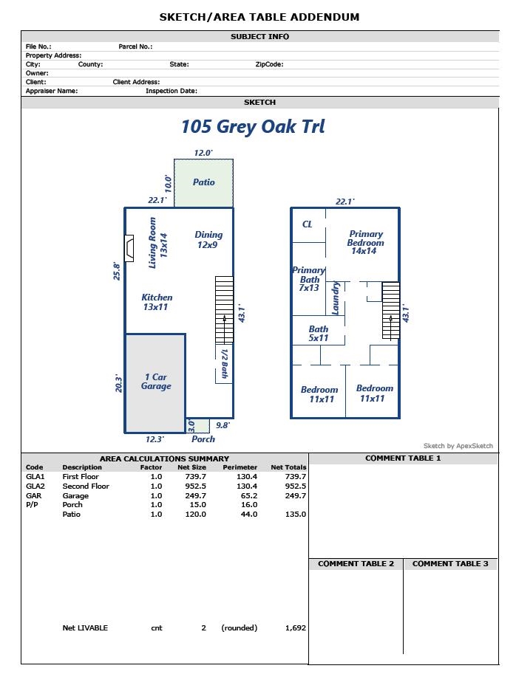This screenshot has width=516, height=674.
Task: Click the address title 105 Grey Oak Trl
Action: pos(253,126)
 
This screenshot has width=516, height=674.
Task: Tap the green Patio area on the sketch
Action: pos(203,182)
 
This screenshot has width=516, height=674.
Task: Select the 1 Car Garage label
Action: pos(156,382)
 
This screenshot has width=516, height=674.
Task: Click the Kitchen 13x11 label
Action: pos(157,302)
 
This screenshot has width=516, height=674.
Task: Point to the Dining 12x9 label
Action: pos(208,240)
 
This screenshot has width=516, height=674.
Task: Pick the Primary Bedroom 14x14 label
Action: pos(365,243)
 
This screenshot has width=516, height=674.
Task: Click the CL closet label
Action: pos(308,224)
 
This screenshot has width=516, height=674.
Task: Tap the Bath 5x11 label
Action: pos(319,334)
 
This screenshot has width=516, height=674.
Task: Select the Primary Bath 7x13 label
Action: pos(309,279)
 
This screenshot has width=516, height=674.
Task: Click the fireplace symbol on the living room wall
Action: pos(129,248)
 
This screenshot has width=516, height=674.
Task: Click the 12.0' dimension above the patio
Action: pos(203,153)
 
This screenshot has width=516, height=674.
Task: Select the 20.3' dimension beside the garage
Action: pos(118,383)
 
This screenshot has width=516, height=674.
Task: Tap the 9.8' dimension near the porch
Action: pos(223,425)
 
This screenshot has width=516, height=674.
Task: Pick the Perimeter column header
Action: pos(240,467)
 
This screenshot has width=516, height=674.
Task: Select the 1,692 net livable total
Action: pos(295,628)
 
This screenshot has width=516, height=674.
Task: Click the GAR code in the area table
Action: pos(33,496)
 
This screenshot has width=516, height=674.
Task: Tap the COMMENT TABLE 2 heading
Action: pos(356,564)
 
